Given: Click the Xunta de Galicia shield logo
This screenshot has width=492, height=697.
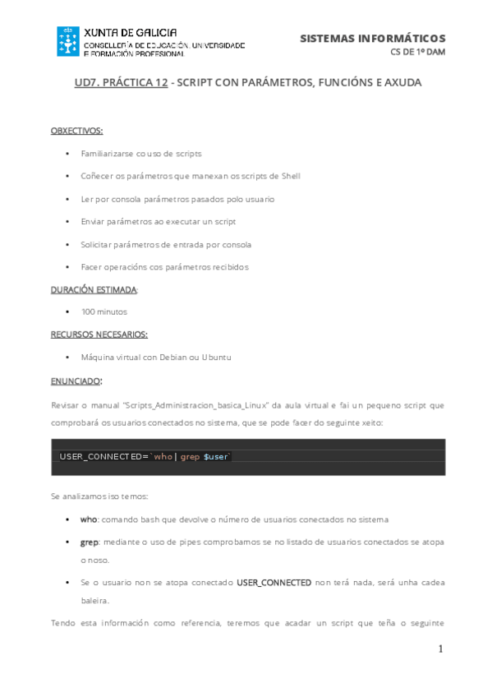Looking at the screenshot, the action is tap(67, 41).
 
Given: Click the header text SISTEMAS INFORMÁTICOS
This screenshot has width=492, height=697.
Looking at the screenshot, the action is tap(372, 39).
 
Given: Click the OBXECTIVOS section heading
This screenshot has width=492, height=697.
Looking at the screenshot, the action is tap(76, 131).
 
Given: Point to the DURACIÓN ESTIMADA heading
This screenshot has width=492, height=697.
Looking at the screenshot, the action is tap(94, 289).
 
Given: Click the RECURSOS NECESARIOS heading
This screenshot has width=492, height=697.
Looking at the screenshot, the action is tap(99, 335).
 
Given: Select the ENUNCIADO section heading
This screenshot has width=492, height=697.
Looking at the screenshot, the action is tap(76, 381).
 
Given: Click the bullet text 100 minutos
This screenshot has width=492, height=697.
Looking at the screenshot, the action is tap(104, 312).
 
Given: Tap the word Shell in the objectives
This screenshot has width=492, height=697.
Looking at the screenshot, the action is tap(291, 176).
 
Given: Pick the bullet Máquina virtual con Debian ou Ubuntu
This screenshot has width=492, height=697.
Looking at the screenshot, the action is tap(156, 358).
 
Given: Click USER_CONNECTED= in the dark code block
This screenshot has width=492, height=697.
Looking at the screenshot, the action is tap(103, 456).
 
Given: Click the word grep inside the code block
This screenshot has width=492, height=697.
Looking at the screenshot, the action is tap(190, 456).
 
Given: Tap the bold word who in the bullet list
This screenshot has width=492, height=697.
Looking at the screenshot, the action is tap(89, 519).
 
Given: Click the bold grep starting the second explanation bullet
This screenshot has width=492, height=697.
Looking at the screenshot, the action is tap(90, 542).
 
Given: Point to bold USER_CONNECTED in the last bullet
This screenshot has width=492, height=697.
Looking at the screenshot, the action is tap(274, 582).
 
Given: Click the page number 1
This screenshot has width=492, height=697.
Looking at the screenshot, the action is tap(440, 649).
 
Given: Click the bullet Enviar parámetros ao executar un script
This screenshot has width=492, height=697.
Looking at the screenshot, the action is tap(159, 222).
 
